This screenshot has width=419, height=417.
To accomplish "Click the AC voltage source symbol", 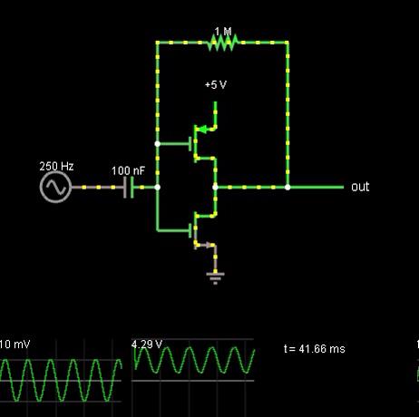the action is (x=55, y=187).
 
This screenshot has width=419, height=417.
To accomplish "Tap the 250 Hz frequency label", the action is (x=56, y=166).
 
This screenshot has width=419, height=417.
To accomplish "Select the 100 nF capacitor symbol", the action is (x=129, y=188).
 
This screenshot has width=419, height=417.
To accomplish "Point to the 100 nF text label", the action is (x=128, y=171).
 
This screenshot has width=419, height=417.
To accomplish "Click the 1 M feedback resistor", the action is (x=223, y=43).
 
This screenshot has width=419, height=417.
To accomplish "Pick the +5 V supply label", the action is (x=216, y=85).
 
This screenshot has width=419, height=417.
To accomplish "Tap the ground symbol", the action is (x=215, y=278).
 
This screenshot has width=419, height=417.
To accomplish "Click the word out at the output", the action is (x=360, y=187).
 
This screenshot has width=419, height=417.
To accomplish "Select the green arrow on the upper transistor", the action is (x=202, y=130).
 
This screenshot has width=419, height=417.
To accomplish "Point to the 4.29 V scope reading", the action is (x=147, y=344).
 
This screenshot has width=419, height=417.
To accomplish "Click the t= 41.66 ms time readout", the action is (x=315, y=349).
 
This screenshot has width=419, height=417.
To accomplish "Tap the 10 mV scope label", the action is (x=15, y=344).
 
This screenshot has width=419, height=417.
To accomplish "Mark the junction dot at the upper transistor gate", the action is (x=158, y=144).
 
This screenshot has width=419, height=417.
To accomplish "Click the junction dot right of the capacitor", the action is (x=158, y=188).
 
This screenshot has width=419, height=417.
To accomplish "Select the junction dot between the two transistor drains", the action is (x=215, y=188).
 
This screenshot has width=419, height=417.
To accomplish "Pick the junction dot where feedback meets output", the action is (x=287, y=188).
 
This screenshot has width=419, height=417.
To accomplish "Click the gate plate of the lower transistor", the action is (x=190, y=230).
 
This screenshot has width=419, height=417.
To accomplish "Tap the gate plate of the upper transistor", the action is (x=190, y=144).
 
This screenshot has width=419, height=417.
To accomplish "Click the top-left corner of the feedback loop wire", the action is (x=158, y=43).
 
